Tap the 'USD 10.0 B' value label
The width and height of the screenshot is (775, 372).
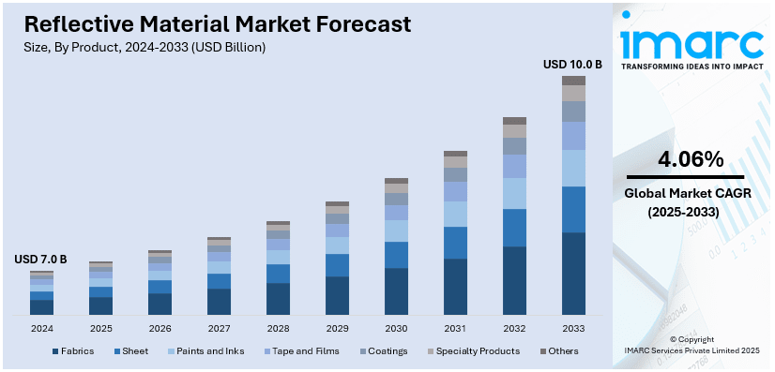572,65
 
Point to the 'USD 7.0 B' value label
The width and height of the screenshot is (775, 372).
41,260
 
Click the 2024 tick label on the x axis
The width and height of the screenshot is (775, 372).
41,329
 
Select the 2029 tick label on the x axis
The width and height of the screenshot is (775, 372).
337,329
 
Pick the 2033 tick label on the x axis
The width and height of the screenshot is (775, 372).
573,329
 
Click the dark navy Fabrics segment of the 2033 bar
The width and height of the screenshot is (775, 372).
573,273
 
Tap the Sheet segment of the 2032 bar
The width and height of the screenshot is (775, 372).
514,228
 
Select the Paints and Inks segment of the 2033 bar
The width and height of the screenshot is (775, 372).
573,168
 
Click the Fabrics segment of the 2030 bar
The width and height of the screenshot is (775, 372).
396,290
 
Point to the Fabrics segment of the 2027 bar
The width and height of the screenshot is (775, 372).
219,301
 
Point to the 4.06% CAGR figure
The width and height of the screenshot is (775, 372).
691,158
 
